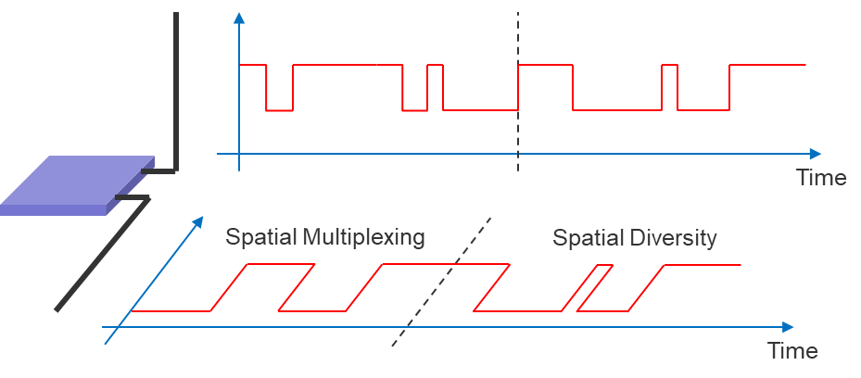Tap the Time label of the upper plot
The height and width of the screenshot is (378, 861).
click(x=821, y=178)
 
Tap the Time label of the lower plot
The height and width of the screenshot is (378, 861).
click(x=792, y=351)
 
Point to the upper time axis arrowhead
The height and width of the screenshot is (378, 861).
click(x=815, y=154)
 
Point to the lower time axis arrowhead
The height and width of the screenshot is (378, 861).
click(x=788, y=327)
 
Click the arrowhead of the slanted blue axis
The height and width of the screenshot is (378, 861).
click(x=197, y=222)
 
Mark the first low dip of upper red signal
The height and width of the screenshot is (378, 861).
click(x=279, y=109)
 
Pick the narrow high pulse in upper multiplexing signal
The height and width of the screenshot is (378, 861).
click(x=436, y=67)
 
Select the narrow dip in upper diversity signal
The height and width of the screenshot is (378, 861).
click(x=690, y=108)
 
